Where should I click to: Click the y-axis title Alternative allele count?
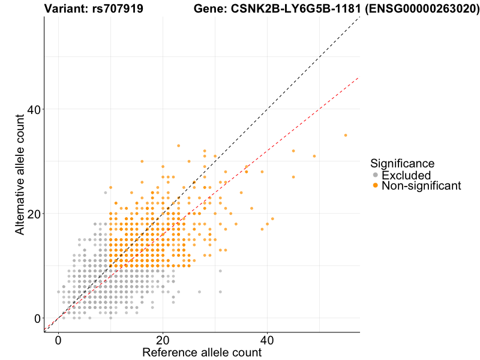click(x=20, y=174)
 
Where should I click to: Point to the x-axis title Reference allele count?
click(x=202, y=352)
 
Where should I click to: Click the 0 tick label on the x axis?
click(x=58, y=340)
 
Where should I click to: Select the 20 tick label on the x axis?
click(x=163, y=340)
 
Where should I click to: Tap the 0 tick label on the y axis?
click(x=37, y=318)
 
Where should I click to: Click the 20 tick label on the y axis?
click(x=34, y=214)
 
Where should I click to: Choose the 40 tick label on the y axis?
click(x=34, y=109)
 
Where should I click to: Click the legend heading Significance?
click(x=402, y=163)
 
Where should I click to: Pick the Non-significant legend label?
click(x=421, y=186)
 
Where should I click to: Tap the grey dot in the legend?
click(x=376, y=175)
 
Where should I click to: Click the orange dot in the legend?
click(x=376, y=186)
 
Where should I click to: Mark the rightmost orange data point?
click(x=346, y=135)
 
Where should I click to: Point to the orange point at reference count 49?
click(x=314, y=156)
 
